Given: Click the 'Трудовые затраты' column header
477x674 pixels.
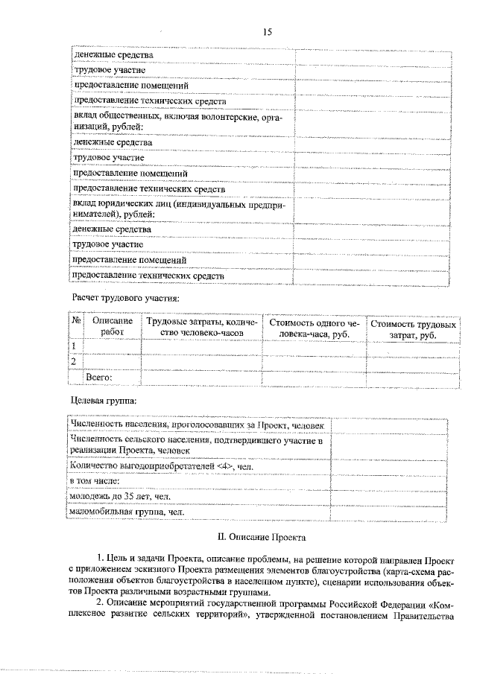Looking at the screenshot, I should [x=201, y=329].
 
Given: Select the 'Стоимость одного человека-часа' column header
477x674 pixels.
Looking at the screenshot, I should [x=314, y=329].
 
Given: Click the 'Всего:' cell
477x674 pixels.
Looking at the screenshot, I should [x=99, y=377].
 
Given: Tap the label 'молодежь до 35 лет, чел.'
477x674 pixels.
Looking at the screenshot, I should [x=120, y=497].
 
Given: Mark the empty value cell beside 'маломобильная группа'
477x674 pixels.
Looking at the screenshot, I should [x=388, y=512].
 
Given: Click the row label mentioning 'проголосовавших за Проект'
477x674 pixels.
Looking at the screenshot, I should [x=198, y=425].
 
